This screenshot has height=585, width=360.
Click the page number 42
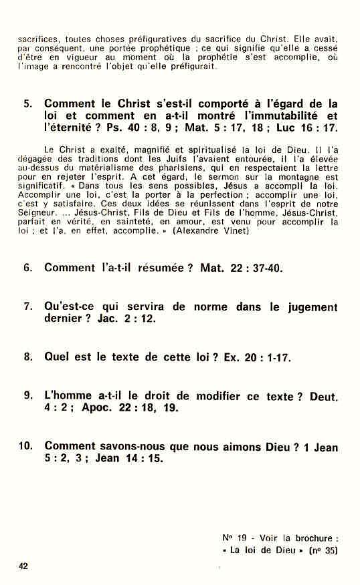[x=24, y=566]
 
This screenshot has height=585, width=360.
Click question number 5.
[x=27, y=104]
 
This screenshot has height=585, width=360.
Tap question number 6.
[x=27, y=268]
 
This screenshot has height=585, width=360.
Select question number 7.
[x=27, y=307]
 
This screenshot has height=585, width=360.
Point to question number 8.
[x=27, y=357]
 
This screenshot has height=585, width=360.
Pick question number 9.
[x=27, y=395]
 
